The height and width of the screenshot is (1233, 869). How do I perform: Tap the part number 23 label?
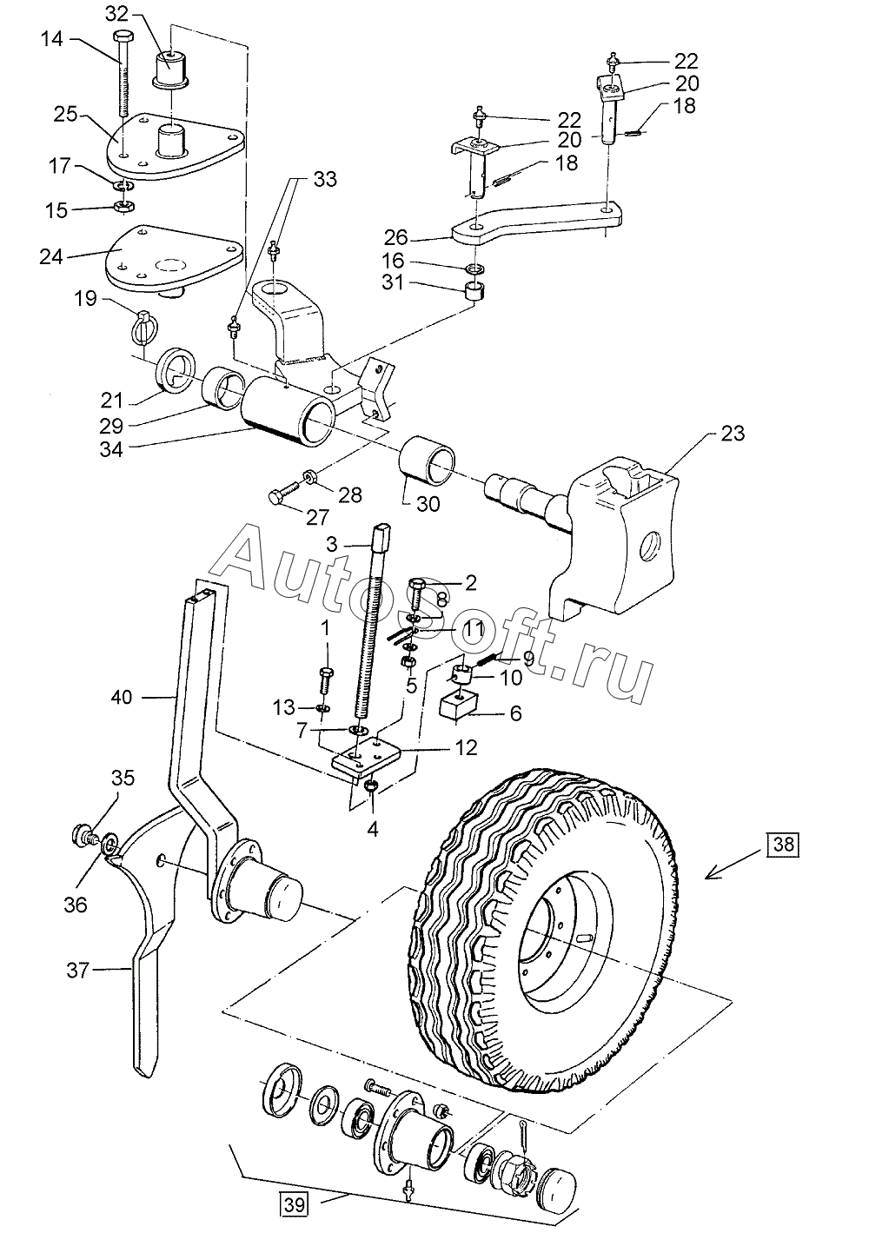[732, 433]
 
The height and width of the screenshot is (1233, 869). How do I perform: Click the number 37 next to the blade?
[77, 969]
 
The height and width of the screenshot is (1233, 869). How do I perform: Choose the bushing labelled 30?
[428, 465]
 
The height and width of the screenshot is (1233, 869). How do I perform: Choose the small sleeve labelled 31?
[475, 289]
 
